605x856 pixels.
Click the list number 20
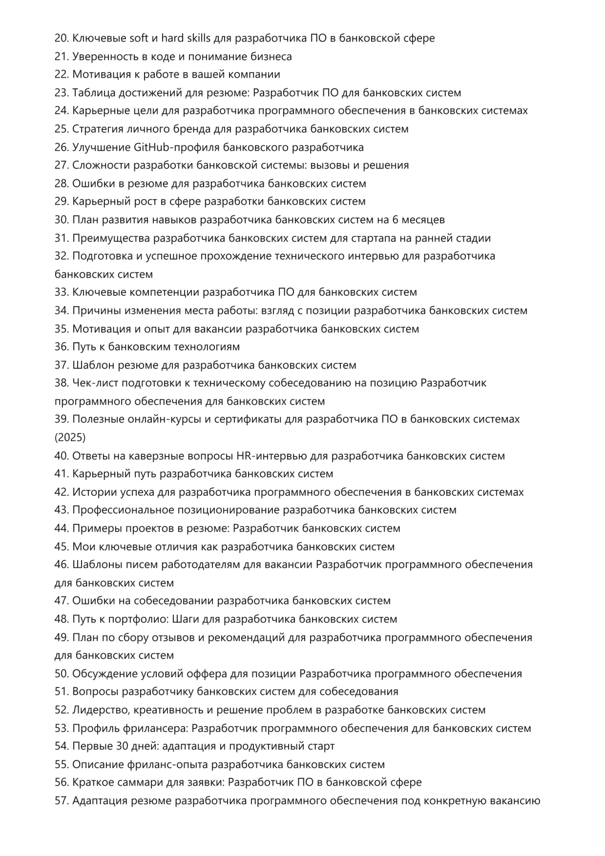point(62,38)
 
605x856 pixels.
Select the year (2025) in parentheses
point(70,437)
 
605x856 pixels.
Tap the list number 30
point(62,220)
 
